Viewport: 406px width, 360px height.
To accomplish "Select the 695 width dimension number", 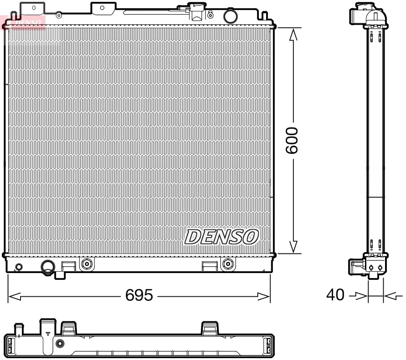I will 139,296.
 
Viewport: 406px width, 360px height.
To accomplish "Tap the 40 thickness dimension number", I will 335,295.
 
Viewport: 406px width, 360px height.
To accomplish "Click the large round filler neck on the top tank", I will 230,16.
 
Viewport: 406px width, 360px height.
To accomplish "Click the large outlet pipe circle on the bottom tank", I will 48,266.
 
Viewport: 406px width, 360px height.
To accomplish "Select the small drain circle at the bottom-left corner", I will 19,267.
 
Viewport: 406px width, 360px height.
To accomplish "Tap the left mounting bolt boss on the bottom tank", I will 86,263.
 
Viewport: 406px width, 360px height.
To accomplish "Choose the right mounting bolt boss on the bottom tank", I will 227,263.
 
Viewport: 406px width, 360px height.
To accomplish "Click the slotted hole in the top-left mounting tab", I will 33,8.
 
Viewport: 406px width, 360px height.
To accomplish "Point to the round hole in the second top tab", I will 102,7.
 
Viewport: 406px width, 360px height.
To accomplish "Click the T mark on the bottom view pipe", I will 48,334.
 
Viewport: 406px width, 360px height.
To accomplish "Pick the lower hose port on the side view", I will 356,266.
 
